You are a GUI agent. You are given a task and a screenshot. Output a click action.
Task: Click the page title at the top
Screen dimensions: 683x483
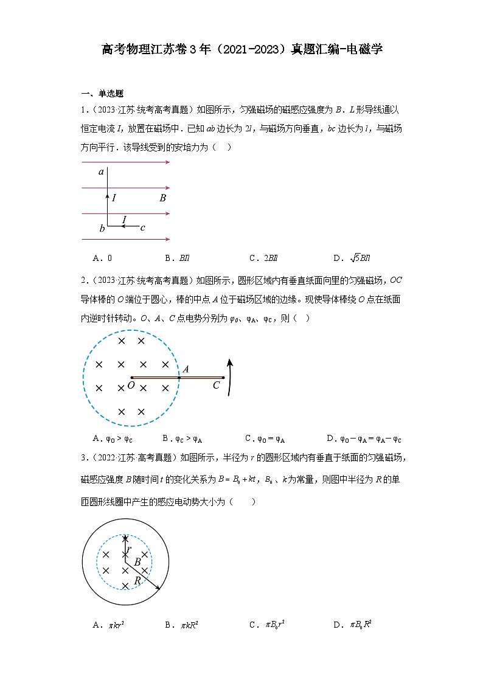click(241, 49)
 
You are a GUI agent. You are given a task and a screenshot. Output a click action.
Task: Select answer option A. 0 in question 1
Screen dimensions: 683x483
click(102, 257)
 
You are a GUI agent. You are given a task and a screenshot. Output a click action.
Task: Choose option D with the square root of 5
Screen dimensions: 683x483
click(352, 257)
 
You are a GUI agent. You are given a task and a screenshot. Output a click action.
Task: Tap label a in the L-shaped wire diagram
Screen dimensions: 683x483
click(102, 173)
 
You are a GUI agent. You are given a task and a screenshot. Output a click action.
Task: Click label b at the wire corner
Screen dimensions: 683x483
click(102, 229)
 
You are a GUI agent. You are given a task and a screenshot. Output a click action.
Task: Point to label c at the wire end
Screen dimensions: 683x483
click(142, 228)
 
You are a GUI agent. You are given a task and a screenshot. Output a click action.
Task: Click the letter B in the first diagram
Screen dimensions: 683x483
click(162, 198)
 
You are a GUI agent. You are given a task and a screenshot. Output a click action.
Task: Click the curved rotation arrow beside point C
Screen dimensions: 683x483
click(230, 377)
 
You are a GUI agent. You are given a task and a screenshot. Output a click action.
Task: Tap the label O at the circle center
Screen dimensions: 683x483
click(131, 386)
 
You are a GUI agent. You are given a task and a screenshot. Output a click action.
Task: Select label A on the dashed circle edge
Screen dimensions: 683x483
click(185, 369)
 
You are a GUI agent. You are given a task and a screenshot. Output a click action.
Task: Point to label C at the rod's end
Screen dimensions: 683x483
click(216, 385)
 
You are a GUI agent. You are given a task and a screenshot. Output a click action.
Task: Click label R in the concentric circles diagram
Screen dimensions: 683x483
click(137, 581)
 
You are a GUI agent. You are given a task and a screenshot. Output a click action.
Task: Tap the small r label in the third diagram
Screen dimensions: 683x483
click(129, 549)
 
